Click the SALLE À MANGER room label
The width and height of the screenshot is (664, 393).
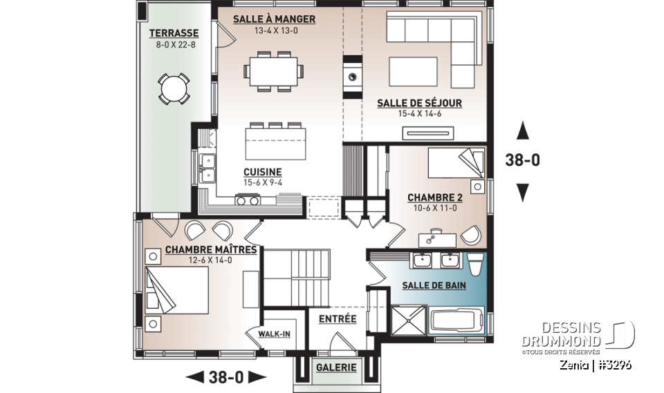tap(274, 19)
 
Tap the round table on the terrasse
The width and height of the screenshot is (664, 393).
tap(174, 88)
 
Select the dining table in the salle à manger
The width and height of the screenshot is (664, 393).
tap(274, 71)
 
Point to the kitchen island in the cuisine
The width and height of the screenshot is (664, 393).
tap(276, 143)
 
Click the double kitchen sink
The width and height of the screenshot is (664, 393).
tap(207, 168)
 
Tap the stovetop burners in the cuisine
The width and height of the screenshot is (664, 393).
tap(248, 200)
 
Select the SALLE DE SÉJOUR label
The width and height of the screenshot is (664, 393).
tap(419, 103)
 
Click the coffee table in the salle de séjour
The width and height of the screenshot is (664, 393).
tap(413, 72)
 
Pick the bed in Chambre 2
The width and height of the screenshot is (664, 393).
tap(456, 162)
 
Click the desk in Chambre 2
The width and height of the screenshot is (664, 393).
tap(437, 240)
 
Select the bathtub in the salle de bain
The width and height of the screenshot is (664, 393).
tap(456, 321)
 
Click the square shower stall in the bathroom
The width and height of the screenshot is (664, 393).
tap(408, 320)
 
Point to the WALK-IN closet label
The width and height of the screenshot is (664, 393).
tap(275, 334)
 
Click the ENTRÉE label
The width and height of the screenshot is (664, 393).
tap(338, 318)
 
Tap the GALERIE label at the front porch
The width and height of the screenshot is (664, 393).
tap(336, 367)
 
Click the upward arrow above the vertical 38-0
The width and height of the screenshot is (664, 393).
tap(523, 131)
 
